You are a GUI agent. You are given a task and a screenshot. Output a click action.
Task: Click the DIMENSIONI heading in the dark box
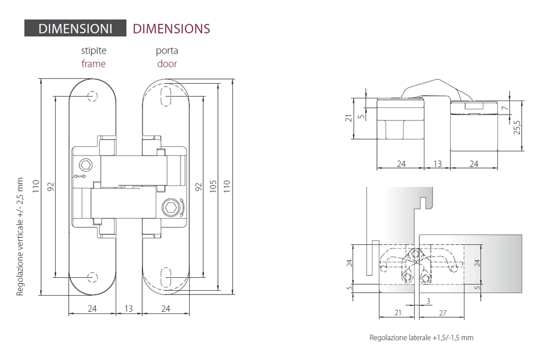click(x=75, y=29)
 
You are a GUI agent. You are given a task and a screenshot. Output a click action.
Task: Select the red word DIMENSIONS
click(x=171, y=29)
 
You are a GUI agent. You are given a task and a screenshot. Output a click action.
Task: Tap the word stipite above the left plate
click(x=94, y=51)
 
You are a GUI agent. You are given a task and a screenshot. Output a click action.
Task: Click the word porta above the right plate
click(x=167, y=51)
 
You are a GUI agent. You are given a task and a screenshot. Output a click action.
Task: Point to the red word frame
click(x=94, y=64)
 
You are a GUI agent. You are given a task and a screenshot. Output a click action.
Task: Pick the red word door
click(x=167, y=64)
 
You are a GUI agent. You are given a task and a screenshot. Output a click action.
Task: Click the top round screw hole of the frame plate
click(x=92, y=96)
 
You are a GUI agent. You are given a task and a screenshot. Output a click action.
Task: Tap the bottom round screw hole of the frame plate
click(x=92, y=277)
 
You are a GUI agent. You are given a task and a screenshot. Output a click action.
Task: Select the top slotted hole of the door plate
click(x=166, y=96)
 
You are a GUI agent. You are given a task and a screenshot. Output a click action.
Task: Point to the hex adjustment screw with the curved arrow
click(x=171, y=207)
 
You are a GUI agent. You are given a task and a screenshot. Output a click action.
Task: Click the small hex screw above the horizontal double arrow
click(x=85, y=165)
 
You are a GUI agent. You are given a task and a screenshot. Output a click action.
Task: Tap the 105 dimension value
click(x=213, y=186)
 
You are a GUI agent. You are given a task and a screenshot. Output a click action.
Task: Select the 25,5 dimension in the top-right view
click(x=517, y=127)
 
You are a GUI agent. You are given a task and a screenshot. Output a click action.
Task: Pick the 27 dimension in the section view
click(x=442, y=313)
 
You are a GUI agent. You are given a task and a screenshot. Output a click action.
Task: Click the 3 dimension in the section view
click(x=428, y=301)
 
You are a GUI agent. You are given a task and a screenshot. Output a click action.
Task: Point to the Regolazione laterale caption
click(x=421, y=338)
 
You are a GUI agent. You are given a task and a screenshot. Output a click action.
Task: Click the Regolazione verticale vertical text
click(x=19, y=237)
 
